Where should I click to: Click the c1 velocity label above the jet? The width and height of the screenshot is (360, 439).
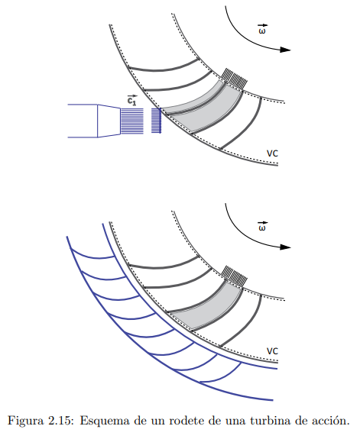(131, 100)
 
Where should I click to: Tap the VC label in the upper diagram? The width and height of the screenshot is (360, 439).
(272, 153)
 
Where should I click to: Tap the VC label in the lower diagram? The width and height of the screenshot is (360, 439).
(272, 351)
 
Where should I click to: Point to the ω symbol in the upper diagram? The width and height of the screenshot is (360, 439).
(262, 29)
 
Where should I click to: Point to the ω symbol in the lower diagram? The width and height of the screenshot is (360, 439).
(262, 226)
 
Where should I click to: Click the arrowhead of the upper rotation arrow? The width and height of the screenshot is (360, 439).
(285, 50)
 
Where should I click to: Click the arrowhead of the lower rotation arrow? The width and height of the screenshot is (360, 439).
(285, 247)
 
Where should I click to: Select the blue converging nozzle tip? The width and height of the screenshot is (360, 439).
(109, 121)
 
